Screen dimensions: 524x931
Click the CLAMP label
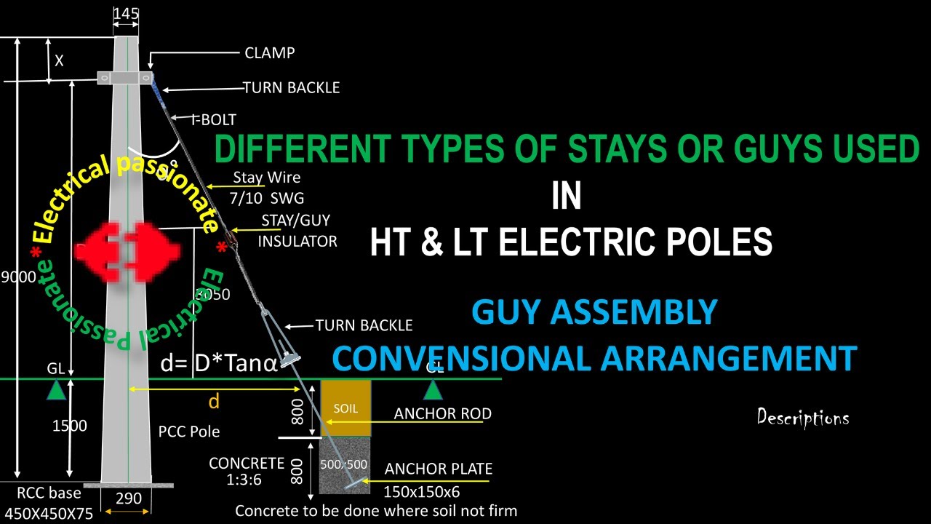pos(269,53)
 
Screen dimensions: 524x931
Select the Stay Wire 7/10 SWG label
pos(267,187)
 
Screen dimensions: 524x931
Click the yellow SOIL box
pos(345,408)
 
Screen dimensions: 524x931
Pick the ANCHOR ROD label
pos(442,413)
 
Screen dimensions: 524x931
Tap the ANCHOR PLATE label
pos(438,469)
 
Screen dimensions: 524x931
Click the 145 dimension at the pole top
pos(126,14)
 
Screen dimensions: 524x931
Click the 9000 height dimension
pos(16,277)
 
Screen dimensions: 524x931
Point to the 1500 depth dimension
pos(69,425)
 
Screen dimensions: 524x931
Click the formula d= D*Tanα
pos(219,363)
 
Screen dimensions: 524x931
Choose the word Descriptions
pos(803,418)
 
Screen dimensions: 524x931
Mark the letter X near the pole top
pos(59,61)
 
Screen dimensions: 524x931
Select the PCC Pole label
pos(189,432)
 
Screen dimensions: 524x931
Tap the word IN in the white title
pos(567,196)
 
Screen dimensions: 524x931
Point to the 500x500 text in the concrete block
pos(345,464)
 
